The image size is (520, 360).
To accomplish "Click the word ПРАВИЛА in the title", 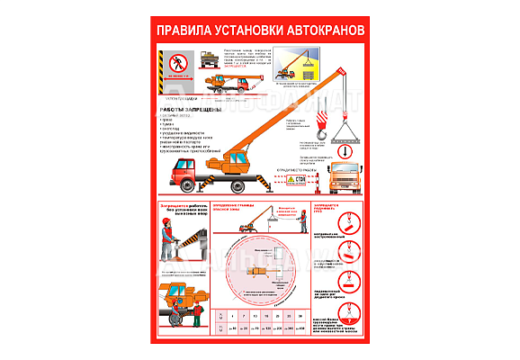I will pyautogui.click(x=185, y=30).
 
